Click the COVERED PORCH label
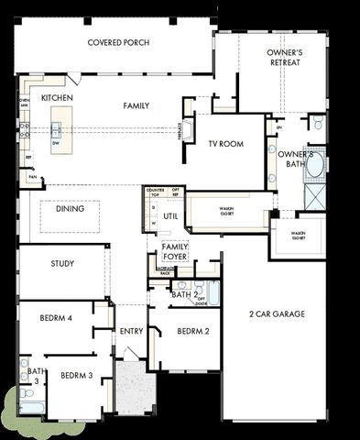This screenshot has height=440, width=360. click(x=118, y=43)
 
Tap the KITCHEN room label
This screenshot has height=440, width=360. click(x=57, y=97)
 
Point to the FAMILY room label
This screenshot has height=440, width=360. click(x=136, y=106)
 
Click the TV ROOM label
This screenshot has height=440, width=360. click(x=224, y=144)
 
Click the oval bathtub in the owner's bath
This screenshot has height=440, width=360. click(x=315, y=164)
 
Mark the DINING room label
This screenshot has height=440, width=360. click(x=70, y=209)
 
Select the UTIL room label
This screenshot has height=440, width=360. click(x=170, y=216)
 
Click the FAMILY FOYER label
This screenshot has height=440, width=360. click(x=174, y=252)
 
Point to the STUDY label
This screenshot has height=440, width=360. click(x=62, y=264)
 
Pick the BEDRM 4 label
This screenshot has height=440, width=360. click(x=56, y=318)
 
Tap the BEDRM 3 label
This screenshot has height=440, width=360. click(x=76, y=376)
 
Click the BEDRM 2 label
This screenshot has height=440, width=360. click(x=193, y=331)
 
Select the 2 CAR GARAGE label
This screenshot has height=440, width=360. click(x=277, y=314)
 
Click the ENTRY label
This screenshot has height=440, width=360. click(x=130, y=331)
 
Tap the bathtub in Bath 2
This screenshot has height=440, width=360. click(x=213, y=293)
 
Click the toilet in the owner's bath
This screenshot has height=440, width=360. click(x=317, y=123)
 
